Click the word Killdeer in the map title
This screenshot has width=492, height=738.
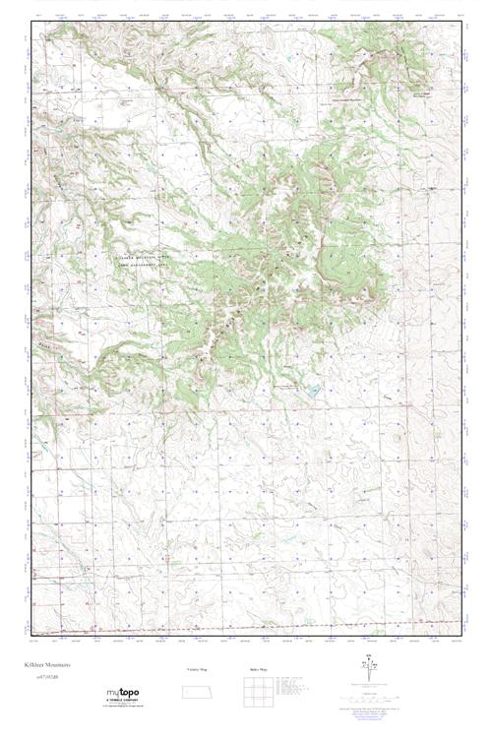coord(36,664)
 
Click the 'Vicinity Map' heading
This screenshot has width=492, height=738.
coord(198,670)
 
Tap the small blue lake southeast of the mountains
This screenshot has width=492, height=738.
coord(312,391)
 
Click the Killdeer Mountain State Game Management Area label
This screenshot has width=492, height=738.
coord(142,259)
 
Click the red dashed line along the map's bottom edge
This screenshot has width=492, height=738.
coord(246,626)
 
